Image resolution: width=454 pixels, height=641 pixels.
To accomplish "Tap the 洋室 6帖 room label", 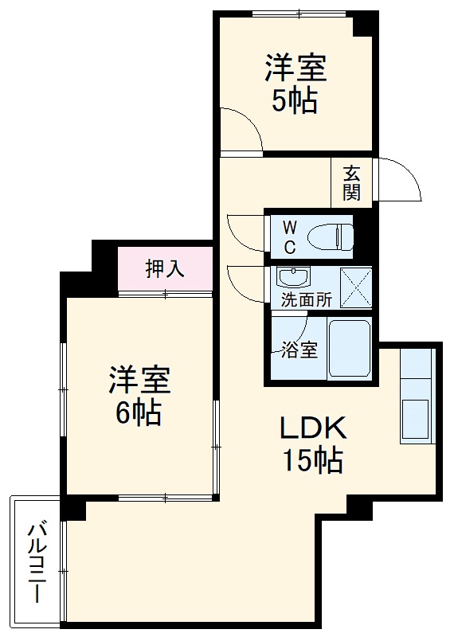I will [x=139, y=395].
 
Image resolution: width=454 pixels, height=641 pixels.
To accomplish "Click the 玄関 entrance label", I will [x=351, y=182].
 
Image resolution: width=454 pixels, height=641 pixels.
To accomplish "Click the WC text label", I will [x=289, y=236].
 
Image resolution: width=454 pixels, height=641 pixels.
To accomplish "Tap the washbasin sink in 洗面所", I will [x=292, y=278].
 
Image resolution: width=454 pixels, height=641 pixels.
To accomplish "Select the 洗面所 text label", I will [x=305, y=301].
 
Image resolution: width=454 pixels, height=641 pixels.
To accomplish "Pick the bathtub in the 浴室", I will [x=350, y=350].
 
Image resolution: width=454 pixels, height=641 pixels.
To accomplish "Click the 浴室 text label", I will [x=299, y=350].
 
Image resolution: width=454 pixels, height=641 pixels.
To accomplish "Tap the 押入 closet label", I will [x=165, y=269].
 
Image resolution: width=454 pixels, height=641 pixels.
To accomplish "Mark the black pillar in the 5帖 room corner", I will [x=365, y=24].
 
